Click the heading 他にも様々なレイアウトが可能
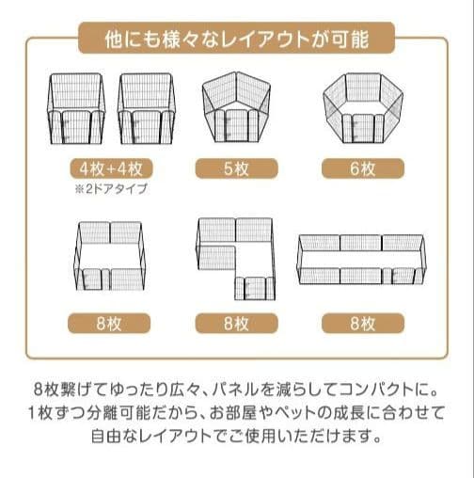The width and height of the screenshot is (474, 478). tap(236, 40)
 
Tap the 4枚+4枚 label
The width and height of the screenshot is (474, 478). tap(110, 169)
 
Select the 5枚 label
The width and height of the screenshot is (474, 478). tap(236, 169)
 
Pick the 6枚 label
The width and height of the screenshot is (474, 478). tap(361, 169)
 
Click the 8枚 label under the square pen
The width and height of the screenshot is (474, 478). tap(110, 324)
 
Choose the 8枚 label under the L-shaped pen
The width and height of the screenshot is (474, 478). tap(236, 324)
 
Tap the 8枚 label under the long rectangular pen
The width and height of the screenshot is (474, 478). tap(361, 324)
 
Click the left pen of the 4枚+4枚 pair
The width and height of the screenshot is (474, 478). tap(79, 109)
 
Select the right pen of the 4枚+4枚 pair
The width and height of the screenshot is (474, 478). tap(146, 109)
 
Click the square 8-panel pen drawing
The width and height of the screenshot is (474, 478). tap(109, 255)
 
